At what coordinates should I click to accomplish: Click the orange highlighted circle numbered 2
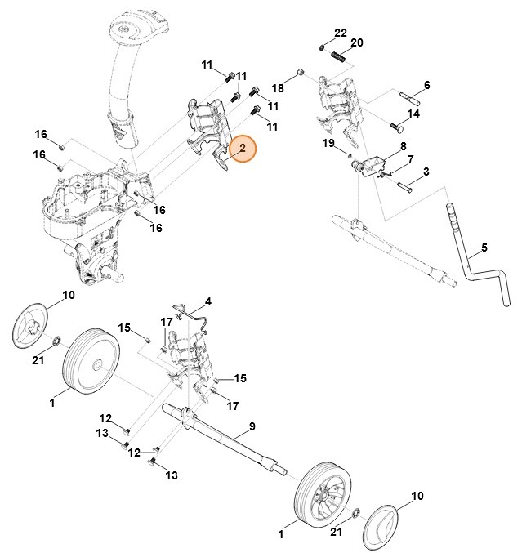[242, 149]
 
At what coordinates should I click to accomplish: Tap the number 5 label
[484, 247]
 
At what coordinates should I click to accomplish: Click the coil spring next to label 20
[338, 59]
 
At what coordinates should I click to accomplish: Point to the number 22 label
[341, 32]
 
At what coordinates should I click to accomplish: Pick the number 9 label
[252, 426]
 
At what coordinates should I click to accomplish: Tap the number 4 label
[207, 301]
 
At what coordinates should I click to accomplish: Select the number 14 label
[414, 114]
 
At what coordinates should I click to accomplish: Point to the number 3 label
[426, 172]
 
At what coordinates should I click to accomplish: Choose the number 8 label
[403, 145]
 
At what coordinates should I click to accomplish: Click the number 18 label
[278, 87]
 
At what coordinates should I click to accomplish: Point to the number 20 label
[356, 42]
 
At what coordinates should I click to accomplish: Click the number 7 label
[410, 159]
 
